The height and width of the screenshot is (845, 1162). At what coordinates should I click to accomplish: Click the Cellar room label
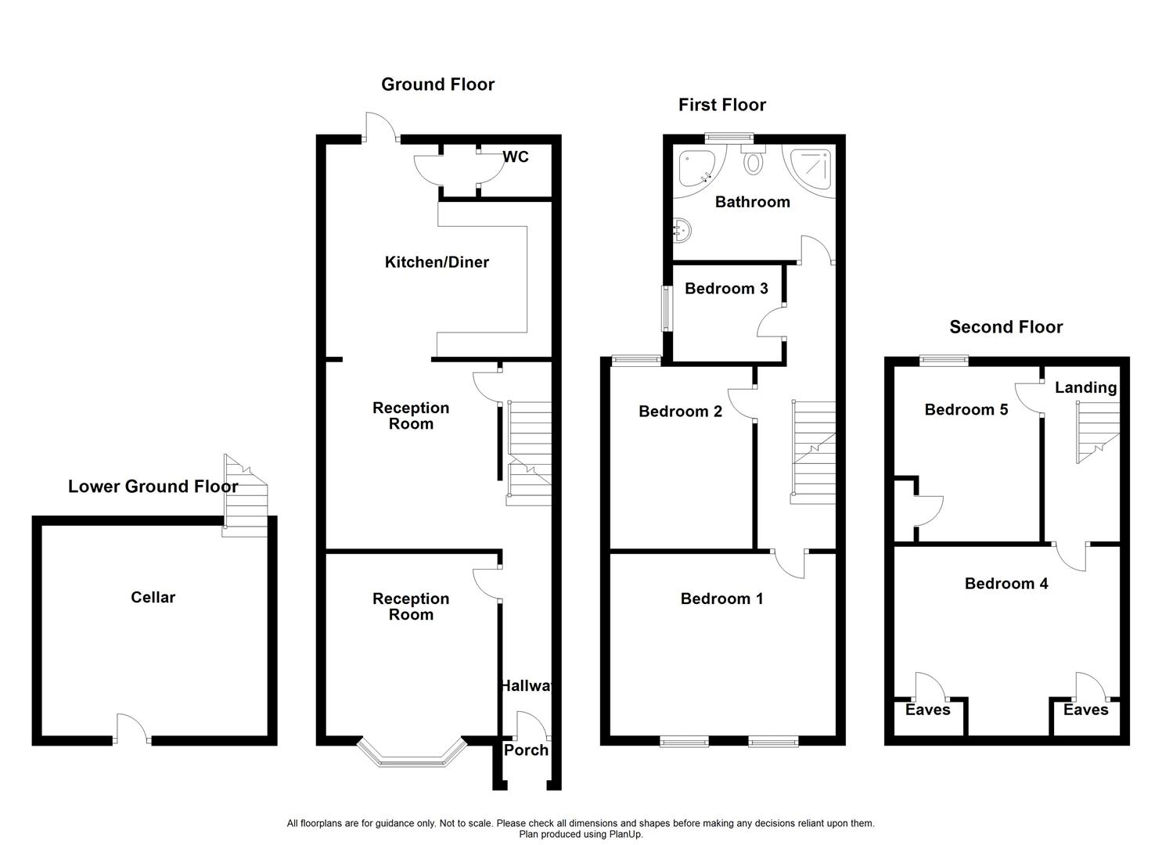click(153, 598)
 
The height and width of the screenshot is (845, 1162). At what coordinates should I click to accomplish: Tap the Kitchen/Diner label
click(437, 262)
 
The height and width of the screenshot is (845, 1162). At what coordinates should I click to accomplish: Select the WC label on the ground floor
click(516, 157)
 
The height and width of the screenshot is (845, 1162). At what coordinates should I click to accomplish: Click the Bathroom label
click(752, 202)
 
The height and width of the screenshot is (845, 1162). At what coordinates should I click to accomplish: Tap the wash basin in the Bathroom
click(682, 229)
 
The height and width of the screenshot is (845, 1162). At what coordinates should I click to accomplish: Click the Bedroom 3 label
click(726, 289)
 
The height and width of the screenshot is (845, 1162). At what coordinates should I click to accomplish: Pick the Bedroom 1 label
click(721, 599)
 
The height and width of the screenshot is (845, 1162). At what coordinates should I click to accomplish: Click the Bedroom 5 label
click(966, 410)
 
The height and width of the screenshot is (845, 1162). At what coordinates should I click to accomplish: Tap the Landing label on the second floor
click(1085, 387)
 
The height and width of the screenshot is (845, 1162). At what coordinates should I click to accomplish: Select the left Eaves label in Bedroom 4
click(927, 710)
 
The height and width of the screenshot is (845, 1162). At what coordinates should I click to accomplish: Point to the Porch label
click(526, 750)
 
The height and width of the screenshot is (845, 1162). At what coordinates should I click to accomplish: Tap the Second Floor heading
click(1006, 327)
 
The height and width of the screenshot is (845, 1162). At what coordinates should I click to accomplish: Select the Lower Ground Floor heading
click(153, 487)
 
